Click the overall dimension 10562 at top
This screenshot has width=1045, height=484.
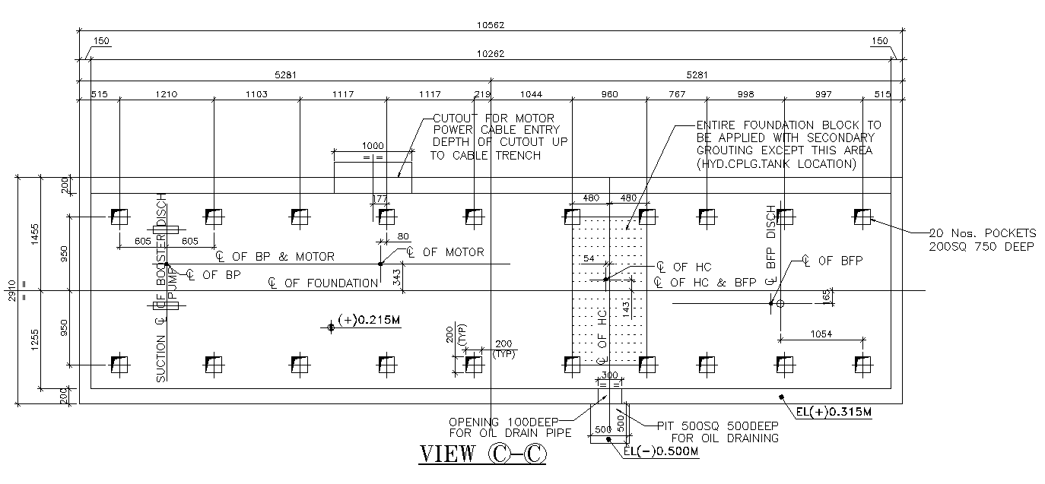point(491,25)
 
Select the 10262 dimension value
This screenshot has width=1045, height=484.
point(491,54)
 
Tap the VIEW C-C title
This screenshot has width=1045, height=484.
point(482,454)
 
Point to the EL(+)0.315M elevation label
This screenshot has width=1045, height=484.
point(834,413)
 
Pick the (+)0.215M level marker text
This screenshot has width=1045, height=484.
point(369,321)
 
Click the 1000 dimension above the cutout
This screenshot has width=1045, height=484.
point(373,146)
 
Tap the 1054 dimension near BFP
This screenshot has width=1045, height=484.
point(821,334)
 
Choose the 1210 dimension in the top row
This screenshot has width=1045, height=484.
point(167,94)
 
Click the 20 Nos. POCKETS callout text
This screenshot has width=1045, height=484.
point(982,239)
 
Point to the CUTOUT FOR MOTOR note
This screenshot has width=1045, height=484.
point(498,137)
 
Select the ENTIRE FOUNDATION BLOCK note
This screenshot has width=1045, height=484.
point(789,144)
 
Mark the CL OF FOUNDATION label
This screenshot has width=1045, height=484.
point(323,283)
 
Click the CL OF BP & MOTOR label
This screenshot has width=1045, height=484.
point(275,257)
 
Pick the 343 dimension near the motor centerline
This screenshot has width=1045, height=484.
point(397,277)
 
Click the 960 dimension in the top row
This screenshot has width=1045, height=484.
point(609,94)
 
